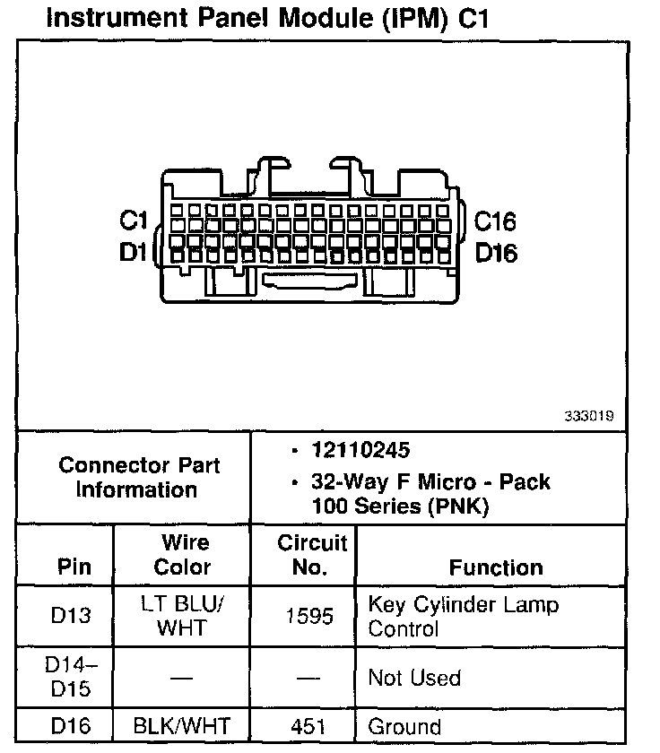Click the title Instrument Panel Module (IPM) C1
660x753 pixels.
click(266, 18)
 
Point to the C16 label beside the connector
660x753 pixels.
click(495, 221)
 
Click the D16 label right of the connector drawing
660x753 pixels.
click(496, 253)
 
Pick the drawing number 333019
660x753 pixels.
click(589, 416)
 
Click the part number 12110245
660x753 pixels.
click(361, 449)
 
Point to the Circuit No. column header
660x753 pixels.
click(311, 555)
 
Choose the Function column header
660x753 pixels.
click(496, 567)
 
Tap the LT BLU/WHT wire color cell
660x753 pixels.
click(182, 616)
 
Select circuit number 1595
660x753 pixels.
click(310, 617)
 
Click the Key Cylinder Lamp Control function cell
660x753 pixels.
click(463, 616)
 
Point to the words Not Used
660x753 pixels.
click(414, 678)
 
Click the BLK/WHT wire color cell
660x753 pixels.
click(182, 727)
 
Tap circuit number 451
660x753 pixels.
click(310, 727)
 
